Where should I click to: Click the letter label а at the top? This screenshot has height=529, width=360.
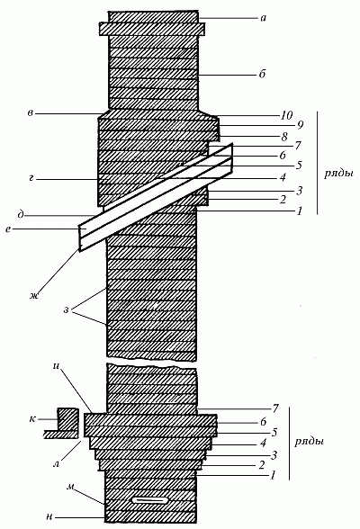(x=264, y=18)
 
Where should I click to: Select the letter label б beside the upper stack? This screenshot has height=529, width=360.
(x=263, y=73)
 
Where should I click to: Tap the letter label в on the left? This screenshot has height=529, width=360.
(x=31, y=113)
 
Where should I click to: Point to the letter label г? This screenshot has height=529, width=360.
(x=31, y=179)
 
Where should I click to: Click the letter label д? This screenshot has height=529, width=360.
(x=21, y=215)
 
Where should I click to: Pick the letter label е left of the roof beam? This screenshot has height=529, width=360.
(x=8, y=229)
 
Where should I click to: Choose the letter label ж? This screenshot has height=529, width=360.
(x=33, y=296)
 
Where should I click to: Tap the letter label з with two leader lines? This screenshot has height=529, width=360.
(x=66, y=310)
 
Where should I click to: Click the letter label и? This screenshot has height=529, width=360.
(x=56, y=366)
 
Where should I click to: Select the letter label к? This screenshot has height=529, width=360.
(x=32, y=419)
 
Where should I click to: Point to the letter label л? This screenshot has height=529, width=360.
(x=57, y=463)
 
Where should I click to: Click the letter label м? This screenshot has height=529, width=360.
(x=70, y=488)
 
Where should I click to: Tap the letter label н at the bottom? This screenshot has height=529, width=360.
(x=49, y=516)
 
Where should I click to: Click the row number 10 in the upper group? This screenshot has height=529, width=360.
(x=286, y=115)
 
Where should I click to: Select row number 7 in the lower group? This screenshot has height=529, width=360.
(x=275, y=408)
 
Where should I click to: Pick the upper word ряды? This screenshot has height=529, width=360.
(x=338, y=175)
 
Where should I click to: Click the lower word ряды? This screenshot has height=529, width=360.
(x=309, y=442)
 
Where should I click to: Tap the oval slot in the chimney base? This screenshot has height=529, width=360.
(x=149, y=499)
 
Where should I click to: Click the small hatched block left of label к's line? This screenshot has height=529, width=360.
(x=67, y=419)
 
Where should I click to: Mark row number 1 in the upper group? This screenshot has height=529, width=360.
(x=300, y=211)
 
